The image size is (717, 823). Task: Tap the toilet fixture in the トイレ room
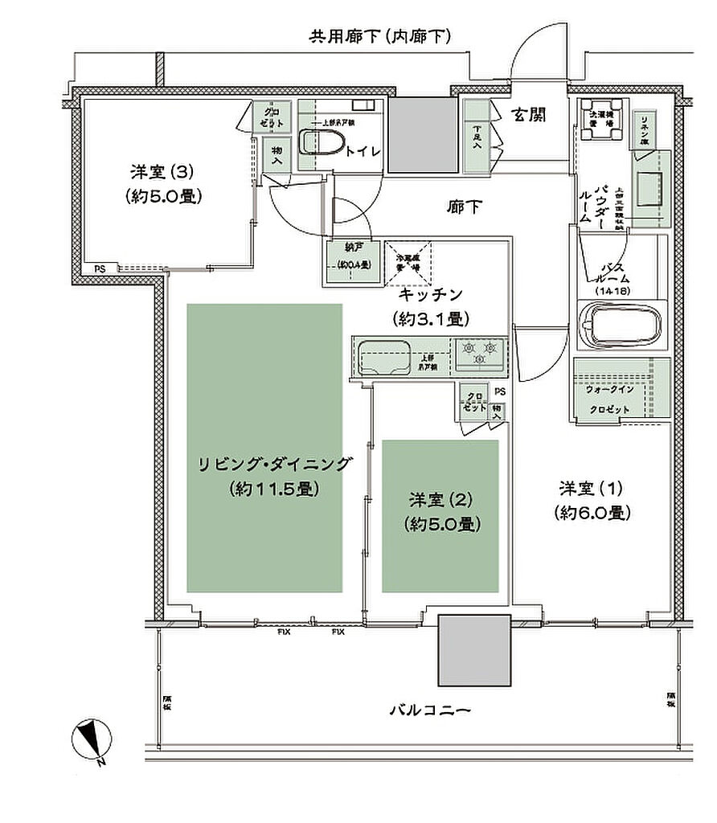(322, 143)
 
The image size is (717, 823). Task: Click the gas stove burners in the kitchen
(480, 354)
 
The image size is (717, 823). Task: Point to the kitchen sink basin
(383, 356)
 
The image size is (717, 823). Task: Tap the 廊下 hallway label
(465, 207)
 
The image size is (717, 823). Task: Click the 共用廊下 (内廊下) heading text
(379, 36)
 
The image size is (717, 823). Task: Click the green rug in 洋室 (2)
(440, 515)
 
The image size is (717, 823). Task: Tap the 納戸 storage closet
(352, 261)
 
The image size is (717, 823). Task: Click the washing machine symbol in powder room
(600, 119)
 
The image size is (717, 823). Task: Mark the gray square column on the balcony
(474, 650)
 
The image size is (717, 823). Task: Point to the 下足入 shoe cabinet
(477, 137)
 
